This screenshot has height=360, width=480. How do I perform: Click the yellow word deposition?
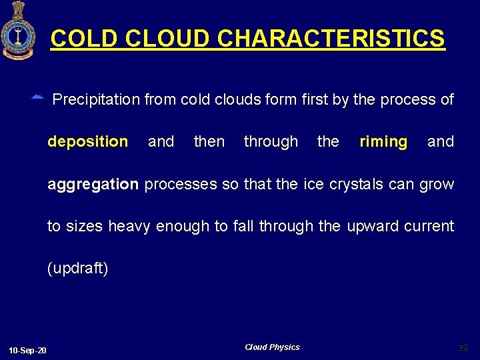click(87, 141)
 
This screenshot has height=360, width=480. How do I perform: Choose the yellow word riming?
click(383, 141)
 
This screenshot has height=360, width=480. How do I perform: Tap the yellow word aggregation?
click(93, 184)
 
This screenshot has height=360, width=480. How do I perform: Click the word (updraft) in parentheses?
click(77, 269)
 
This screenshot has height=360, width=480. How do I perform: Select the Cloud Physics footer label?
click(272, 347)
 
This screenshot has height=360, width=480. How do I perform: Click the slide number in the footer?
click(463, 347)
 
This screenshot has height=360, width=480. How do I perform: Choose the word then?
click(209, 141)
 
